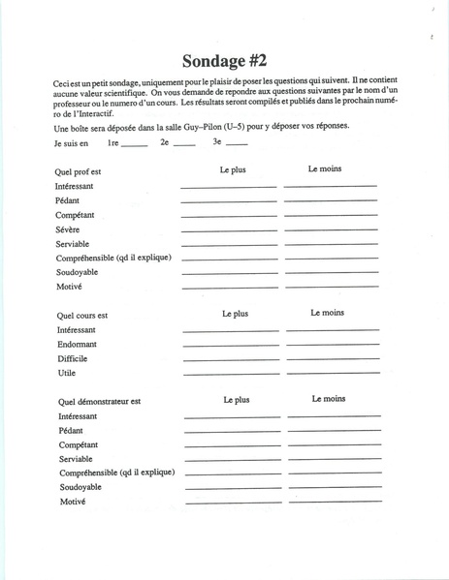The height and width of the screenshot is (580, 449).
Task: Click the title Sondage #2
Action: click(x=224, y=59)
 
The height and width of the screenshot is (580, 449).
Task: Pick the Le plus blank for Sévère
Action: click(x=229, y=230)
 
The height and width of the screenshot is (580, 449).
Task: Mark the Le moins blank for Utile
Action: click(x=333, y=373)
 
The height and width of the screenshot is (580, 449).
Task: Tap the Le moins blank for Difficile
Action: click(x=333, y=359)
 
